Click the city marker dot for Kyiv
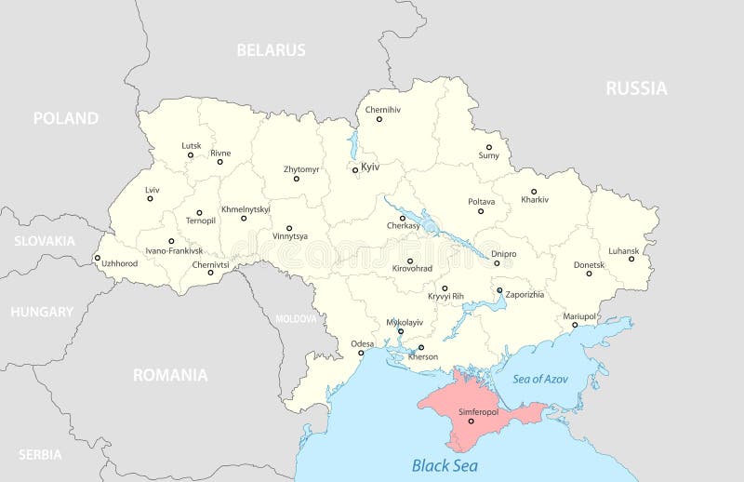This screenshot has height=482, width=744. [354, 170]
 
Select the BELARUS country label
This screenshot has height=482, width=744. [271, 50]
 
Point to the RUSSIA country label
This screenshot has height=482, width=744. [636, 88]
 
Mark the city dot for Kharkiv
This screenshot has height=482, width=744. [534, 192]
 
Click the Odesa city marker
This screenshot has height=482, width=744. [362, 353]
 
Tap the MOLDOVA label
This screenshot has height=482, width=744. [296, 318]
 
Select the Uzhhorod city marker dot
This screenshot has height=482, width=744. [98, 259]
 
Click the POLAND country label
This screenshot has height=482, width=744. [65, 118]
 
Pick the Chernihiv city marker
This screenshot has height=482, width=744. [379, 119]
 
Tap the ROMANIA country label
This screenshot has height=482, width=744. [169, 376]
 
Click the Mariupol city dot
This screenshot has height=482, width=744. [574, 325]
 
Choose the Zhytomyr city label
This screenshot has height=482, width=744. [301, 169]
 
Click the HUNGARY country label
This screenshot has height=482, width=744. [42, 312]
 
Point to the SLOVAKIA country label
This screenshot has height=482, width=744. [44, 241]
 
